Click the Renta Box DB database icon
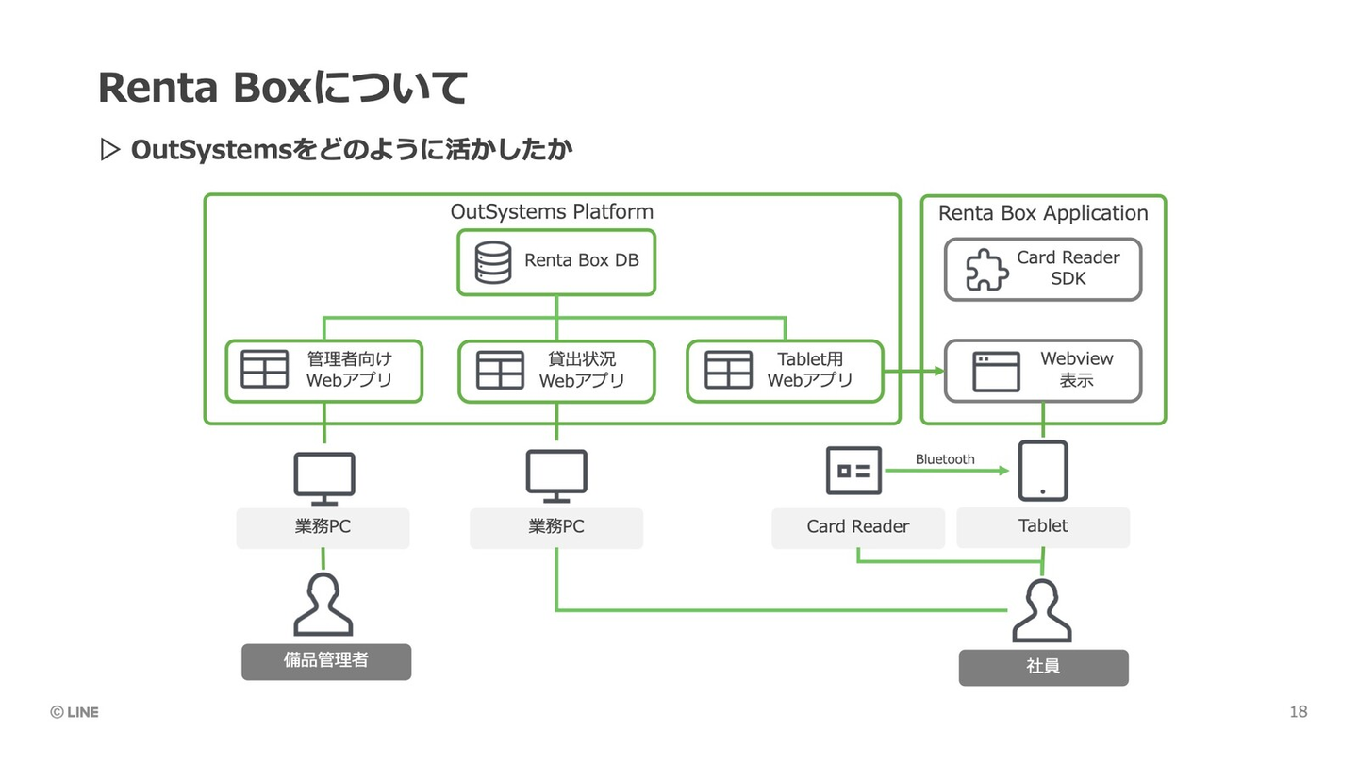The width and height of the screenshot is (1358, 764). tap(493, 262)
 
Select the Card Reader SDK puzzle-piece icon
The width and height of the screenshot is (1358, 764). tap(986, 270)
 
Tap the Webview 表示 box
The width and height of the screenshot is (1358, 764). tap(1043, 371)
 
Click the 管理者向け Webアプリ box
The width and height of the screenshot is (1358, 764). tap(323, 371)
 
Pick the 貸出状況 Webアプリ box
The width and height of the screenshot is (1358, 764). tap(556, 371)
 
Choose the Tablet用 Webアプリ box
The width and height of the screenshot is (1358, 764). tap(785, 371)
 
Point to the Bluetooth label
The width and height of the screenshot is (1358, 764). tap(944, 459)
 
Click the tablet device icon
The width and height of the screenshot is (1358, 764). tap(1043, 470)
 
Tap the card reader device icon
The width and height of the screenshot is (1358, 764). tap(853, 470)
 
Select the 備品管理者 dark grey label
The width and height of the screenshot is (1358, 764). tap(326, 661)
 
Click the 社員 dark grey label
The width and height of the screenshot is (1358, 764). tap(1043, 667)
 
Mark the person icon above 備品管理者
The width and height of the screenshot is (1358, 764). tap(323, 605)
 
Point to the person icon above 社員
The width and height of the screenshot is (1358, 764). tap(1042, 611)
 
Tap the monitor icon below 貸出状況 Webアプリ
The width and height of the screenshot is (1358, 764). tap(556, 475)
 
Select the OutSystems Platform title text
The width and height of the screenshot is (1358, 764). tap(552, 211)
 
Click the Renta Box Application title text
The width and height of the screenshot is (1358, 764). tap(1043, 213)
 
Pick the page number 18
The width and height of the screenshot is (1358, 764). tap(1299, 712)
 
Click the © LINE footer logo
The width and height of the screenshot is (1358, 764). tap(75, 712)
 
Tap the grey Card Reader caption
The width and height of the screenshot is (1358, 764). tap(858, 527)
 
